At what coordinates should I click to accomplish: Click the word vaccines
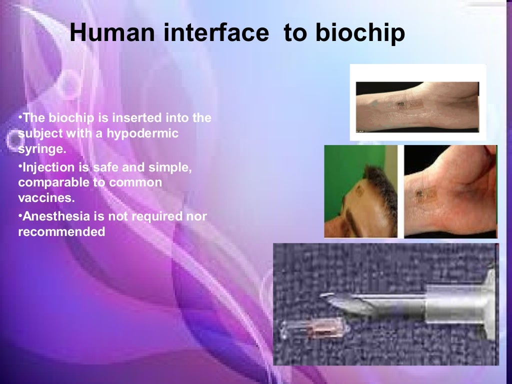coord(46,197)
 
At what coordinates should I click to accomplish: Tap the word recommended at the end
coord(61,232)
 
